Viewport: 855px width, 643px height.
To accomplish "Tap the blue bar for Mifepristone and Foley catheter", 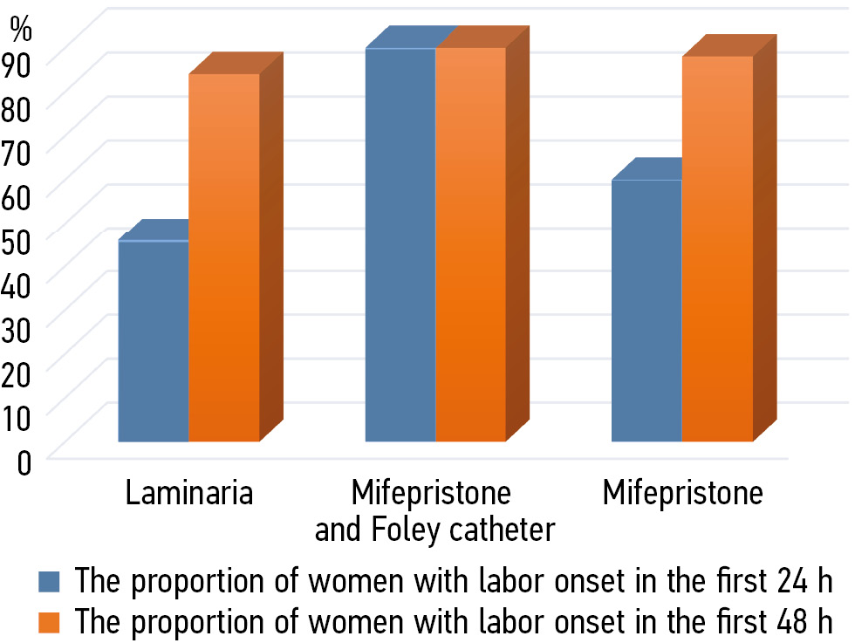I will click(x=400, y=244).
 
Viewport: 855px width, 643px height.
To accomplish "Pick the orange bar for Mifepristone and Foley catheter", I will click(x=471, y=244).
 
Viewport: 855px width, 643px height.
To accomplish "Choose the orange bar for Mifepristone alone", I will click(x=717, y=249).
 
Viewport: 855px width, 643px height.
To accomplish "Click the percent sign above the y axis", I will click(x=21, y=28).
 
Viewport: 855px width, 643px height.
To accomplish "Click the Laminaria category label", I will click(x=189, y=494).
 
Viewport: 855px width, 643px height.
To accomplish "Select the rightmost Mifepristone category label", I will click(x=682, y=494).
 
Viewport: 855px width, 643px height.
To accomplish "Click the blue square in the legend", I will click(x=49, y=581).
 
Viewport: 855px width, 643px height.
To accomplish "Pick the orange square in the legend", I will click(x=49, y=622).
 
